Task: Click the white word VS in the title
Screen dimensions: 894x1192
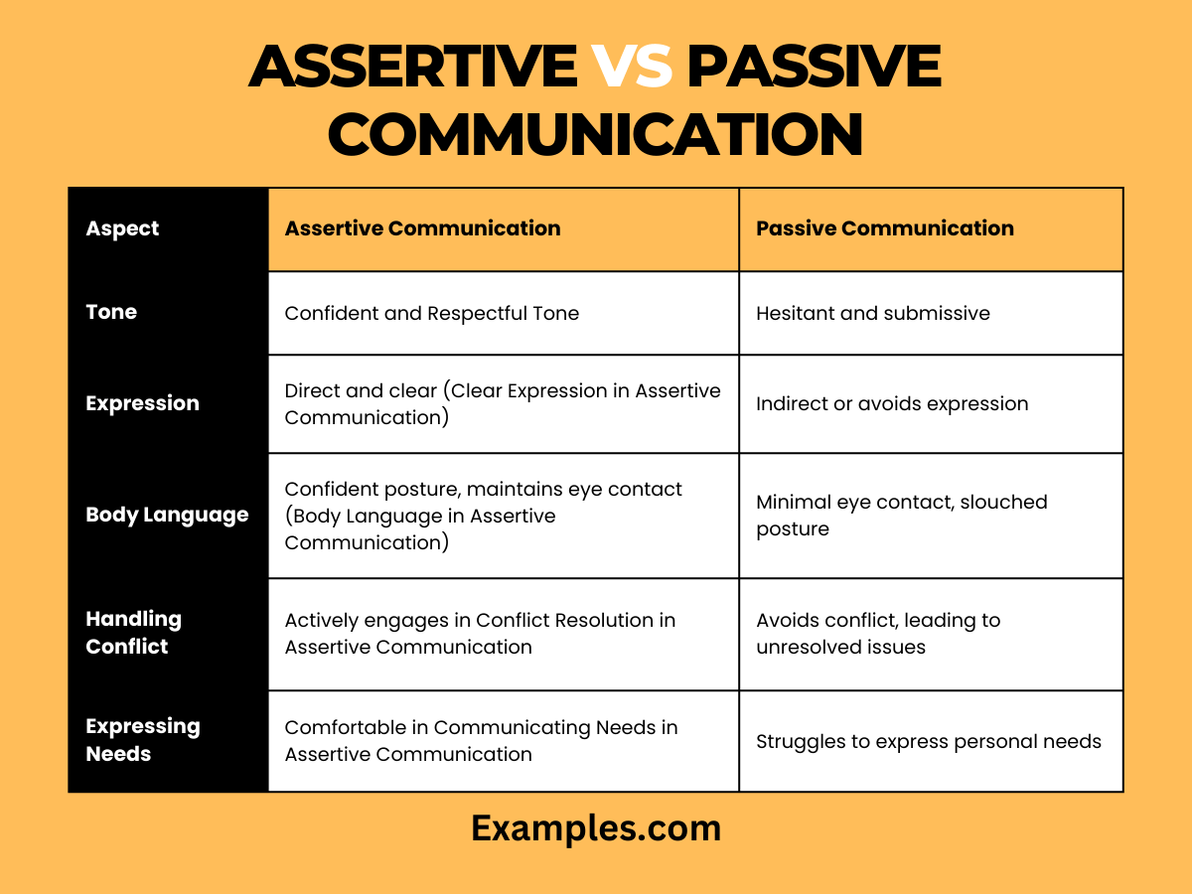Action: pos(633,68)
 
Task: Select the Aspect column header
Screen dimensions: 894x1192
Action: pos(122,228)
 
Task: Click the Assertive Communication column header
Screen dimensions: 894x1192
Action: pos(422,228)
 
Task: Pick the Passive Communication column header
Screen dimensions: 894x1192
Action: pos(884,228)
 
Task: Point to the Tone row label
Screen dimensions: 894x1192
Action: pos(111,312)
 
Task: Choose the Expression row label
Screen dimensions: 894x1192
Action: pos(142,403)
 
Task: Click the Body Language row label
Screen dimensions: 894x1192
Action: pos(167,515)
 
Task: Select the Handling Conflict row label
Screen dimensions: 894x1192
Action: pos(133,633)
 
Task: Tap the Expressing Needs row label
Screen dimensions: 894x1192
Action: pos(142,740)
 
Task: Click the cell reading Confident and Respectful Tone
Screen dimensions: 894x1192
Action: pos(431,313)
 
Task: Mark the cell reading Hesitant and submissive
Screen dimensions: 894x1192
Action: pos(872,313)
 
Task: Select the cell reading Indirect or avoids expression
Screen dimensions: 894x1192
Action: pos(891,403)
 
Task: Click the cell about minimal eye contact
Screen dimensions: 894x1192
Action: pos(901,516)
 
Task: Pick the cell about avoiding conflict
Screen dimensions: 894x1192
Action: pos(877,634)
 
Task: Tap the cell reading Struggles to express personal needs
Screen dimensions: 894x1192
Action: pos(928,741)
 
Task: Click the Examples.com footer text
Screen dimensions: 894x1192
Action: pos(596,827)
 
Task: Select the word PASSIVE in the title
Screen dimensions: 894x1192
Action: pos(814,68)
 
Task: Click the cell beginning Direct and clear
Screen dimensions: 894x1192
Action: pos(502,403)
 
